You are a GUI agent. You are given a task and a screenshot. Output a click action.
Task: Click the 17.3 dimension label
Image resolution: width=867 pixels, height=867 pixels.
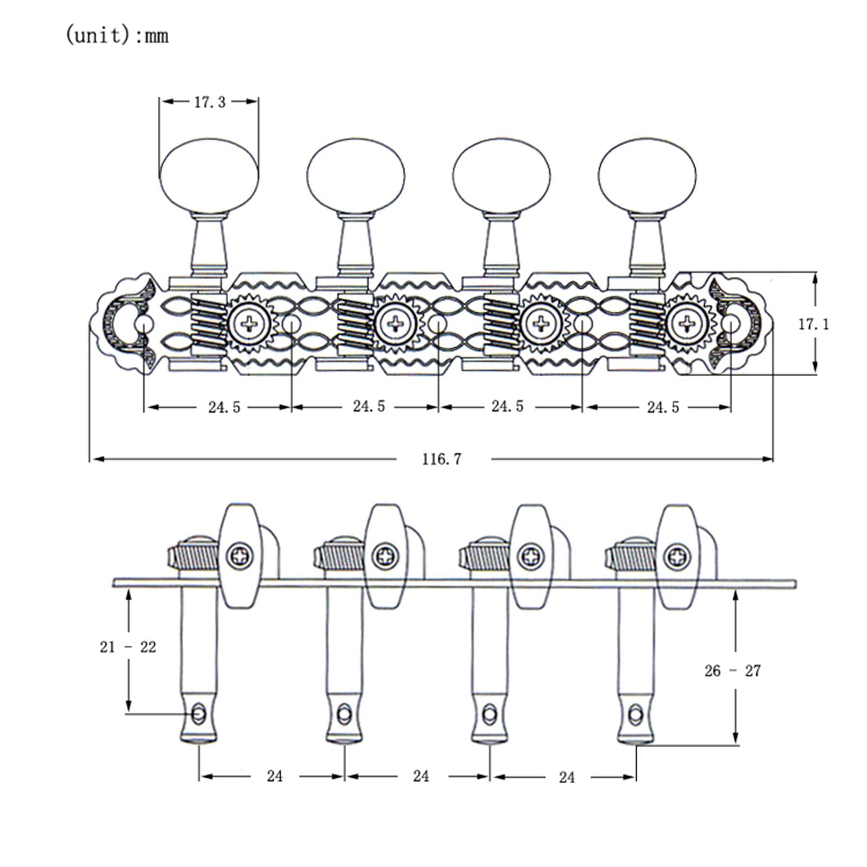(210, 102)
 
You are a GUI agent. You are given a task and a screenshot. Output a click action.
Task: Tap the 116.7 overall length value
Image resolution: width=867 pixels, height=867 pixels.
(442, 459)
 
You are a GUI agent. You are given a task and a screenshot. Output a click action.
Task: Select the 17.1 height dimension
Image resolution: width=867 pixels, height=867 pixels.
(813, 324)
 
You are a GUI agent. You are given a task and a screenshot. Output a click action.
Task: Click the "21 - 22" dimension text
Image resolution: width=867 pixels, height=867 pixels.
(128, 646)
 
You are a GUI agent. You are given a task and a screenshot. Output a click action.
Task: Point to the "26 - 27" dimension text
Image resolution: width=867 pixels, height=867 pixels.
(733, 671)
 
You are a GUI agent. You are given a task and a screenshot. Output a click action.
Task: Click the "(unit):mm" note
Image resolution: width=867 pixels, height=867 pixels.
(117, 36)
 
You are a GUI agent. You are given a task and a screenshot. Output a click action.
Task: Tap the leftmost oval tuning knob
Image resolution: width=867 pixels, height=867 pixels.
(209, 175)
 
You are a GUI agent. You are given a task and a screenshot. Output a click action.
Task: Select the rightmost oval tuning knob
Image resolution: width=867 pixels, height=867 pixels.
(648, 175)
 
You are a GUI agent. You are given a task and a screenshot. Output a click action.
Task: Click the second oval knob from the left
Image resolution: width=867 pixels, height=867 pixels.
(355, 175)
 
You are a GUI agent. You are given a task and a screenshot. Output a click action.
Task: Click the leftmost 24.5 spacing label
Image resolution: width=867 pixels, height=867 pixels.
(224, 407)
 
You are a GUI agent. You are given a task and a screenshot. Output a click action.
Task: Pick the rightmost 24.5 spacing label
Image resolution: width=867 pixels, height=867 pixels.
(663, 407)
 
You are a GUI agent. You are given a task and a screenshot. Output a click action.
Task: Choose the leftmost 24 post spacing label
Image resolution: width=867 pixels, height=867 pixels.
(275, 776)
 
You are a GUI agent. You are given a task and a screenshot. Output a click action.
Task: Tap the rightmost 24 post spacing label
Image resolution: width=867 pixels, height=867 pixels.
(566, 777)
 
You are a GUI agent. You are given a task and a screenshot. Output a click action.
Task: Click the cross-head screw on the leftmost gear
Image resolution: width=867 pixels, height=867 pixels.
(250, 324)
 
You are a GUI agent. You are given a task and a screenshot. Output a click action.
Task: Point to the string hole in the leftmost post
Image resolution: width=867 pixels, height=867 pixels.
(199, 713)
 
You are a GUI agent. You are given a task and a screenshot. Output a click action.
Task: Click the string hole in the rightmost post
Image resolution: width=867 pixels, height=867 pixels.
(636, 714)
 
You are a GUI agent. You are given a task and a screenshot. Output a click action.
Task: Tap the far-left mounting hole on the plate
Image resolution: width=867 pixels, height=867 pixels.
(144, 324)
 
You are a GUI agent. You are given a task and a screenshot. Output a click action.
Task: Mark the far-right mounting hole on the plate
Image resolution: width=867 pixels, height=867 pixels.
(730, 324)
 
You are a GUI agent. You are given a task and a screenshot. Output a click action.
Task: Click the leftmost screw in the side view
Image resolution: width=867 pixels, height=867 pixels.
(240, 555)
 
